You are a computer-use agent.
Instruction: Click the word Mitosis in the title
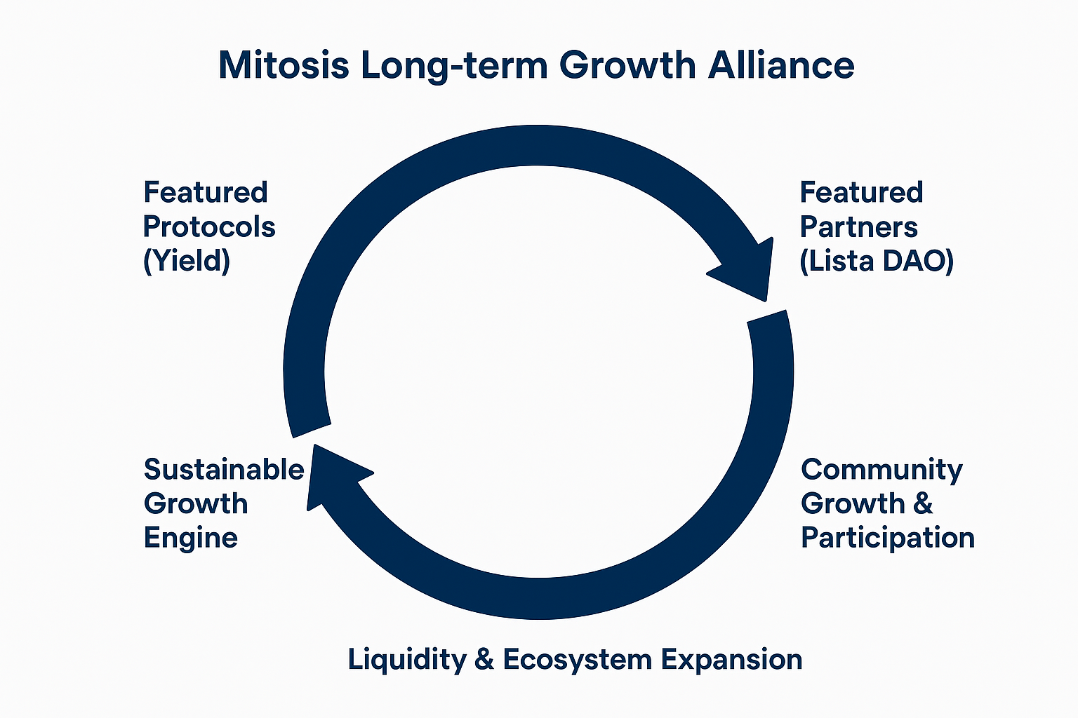(x=284, y=65)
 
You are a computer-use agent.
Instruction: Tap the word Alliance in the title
(x=780, y=65)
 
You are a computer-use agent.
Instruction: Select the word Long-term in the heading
(x=454, y=67)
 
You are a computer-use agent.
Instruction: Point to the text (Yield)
(x=187, y=261)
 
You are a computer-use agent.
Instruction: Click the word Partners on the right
(x=859, y=227)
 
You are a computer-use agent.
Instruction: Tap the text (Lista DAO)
(x=877, y=261)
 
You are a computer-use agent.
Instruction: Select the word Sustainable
(x=224, y=469)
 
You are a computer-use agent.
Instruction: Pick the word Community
(x=881, y=470)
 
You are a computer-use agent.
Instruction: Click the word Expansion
(x=732, y=659)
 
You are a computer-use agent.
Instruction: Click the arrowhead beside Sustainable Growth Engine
(x=337, y=476)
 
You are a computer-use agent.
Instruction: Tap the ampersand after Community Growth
(x=922, y=503)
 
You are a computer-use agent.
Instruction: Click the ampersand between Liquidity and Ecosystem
(x=484, y=659)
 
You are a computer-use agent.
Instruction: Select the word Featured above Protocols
(x=206, y=192)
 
